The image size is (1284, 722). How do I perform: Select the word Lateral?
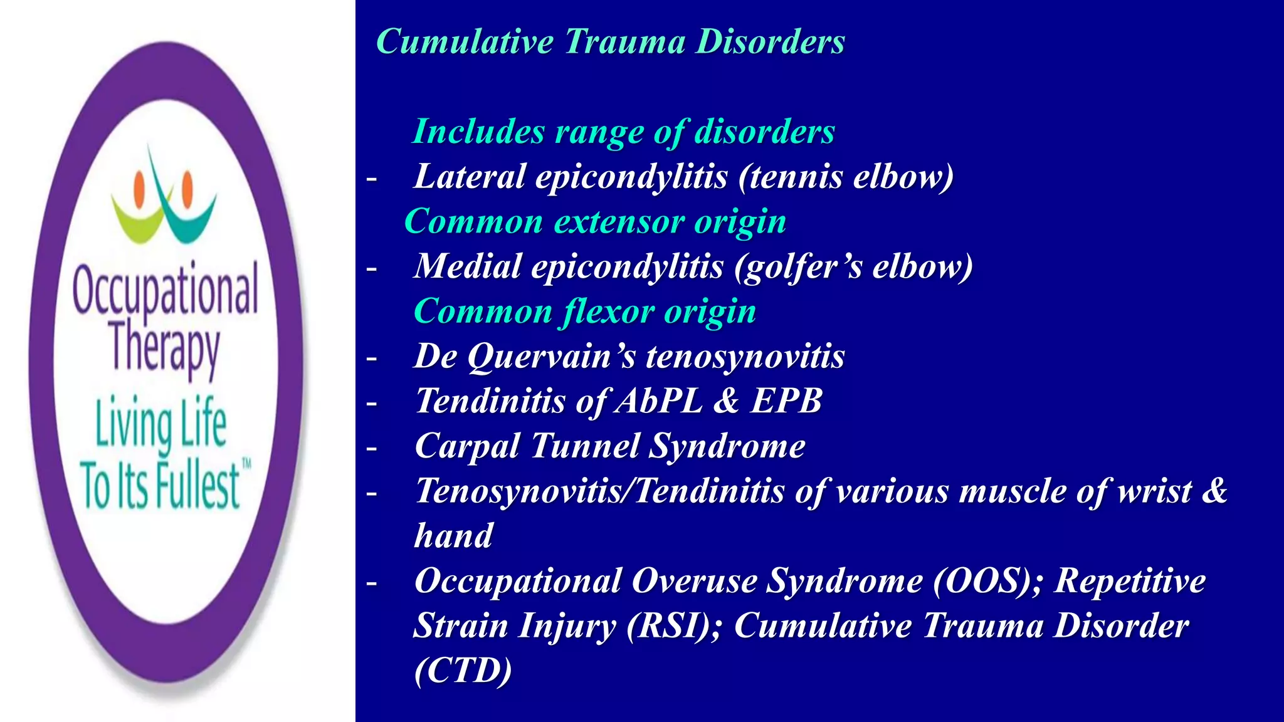470,176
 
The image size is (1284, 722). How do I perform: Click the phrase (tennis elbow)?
846,176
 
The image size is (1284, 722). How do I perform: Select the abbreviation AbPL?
659,401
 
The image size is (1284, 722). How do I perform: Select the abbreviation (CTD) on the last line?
463,671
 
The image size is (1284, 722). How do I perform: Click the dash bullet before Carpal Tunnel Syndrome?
372,449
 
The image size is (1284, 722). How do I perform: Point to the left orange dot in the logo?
140,186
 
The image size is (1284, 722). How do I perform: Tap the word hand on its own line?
454,536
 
